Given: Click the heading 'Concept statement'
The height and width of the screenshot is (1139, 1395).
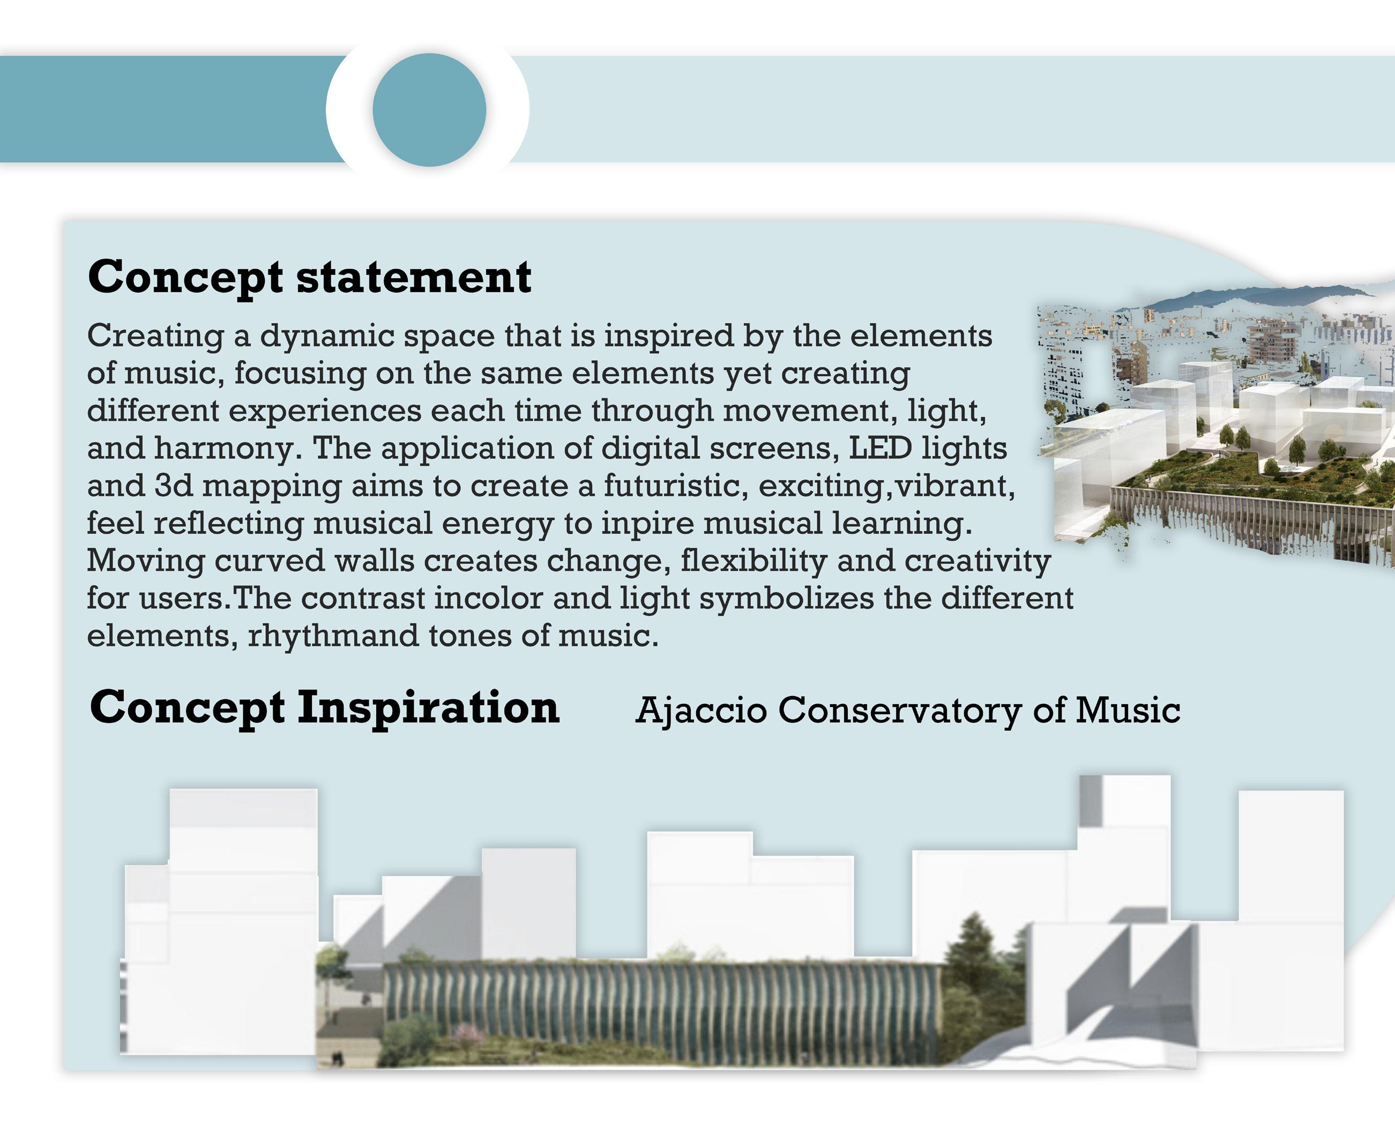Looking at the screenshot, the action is click(x=309, y=278).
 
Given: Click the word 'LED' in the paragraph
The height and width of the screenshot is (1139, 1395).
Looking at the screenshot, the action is click(x=881, y=448).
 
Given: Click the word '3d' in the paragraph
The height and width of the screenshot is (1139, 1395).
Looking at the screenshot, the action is click(x=173, y=486).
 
